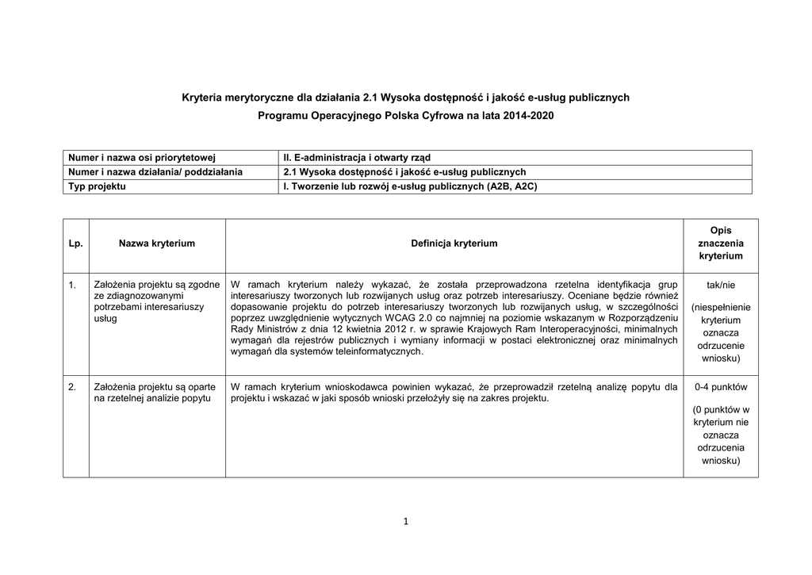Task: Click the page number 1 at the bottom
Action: (405, 521)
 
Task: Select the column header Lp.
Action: (75, 243)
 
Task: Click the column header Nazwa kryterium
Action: (157, 243)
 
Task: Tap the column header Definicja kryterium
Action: (454, 243)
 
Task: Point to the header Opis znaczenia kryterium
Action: (720, 243)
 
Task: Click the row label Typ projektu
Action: (98, 186)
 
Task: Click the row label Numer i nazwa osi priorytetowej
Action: (142, 158)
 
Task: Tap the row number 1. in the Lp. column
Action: (72, 284)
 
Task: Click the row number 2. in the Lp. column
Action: (72, 387)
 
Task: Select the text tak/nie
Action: (720, 284)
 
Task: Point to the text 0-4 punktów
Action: (720, 387)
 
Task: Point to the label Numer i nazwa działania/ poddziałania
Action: (155, 172)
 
